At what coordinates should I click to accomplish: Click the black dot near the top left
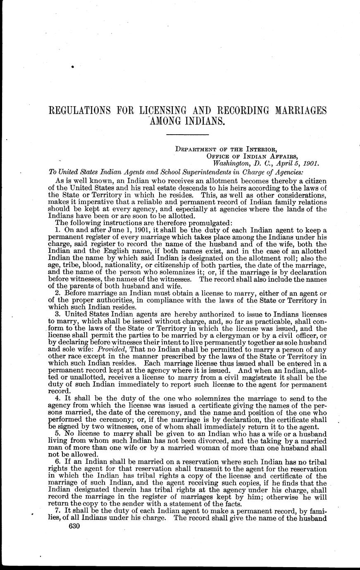(x=72, y=66)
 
